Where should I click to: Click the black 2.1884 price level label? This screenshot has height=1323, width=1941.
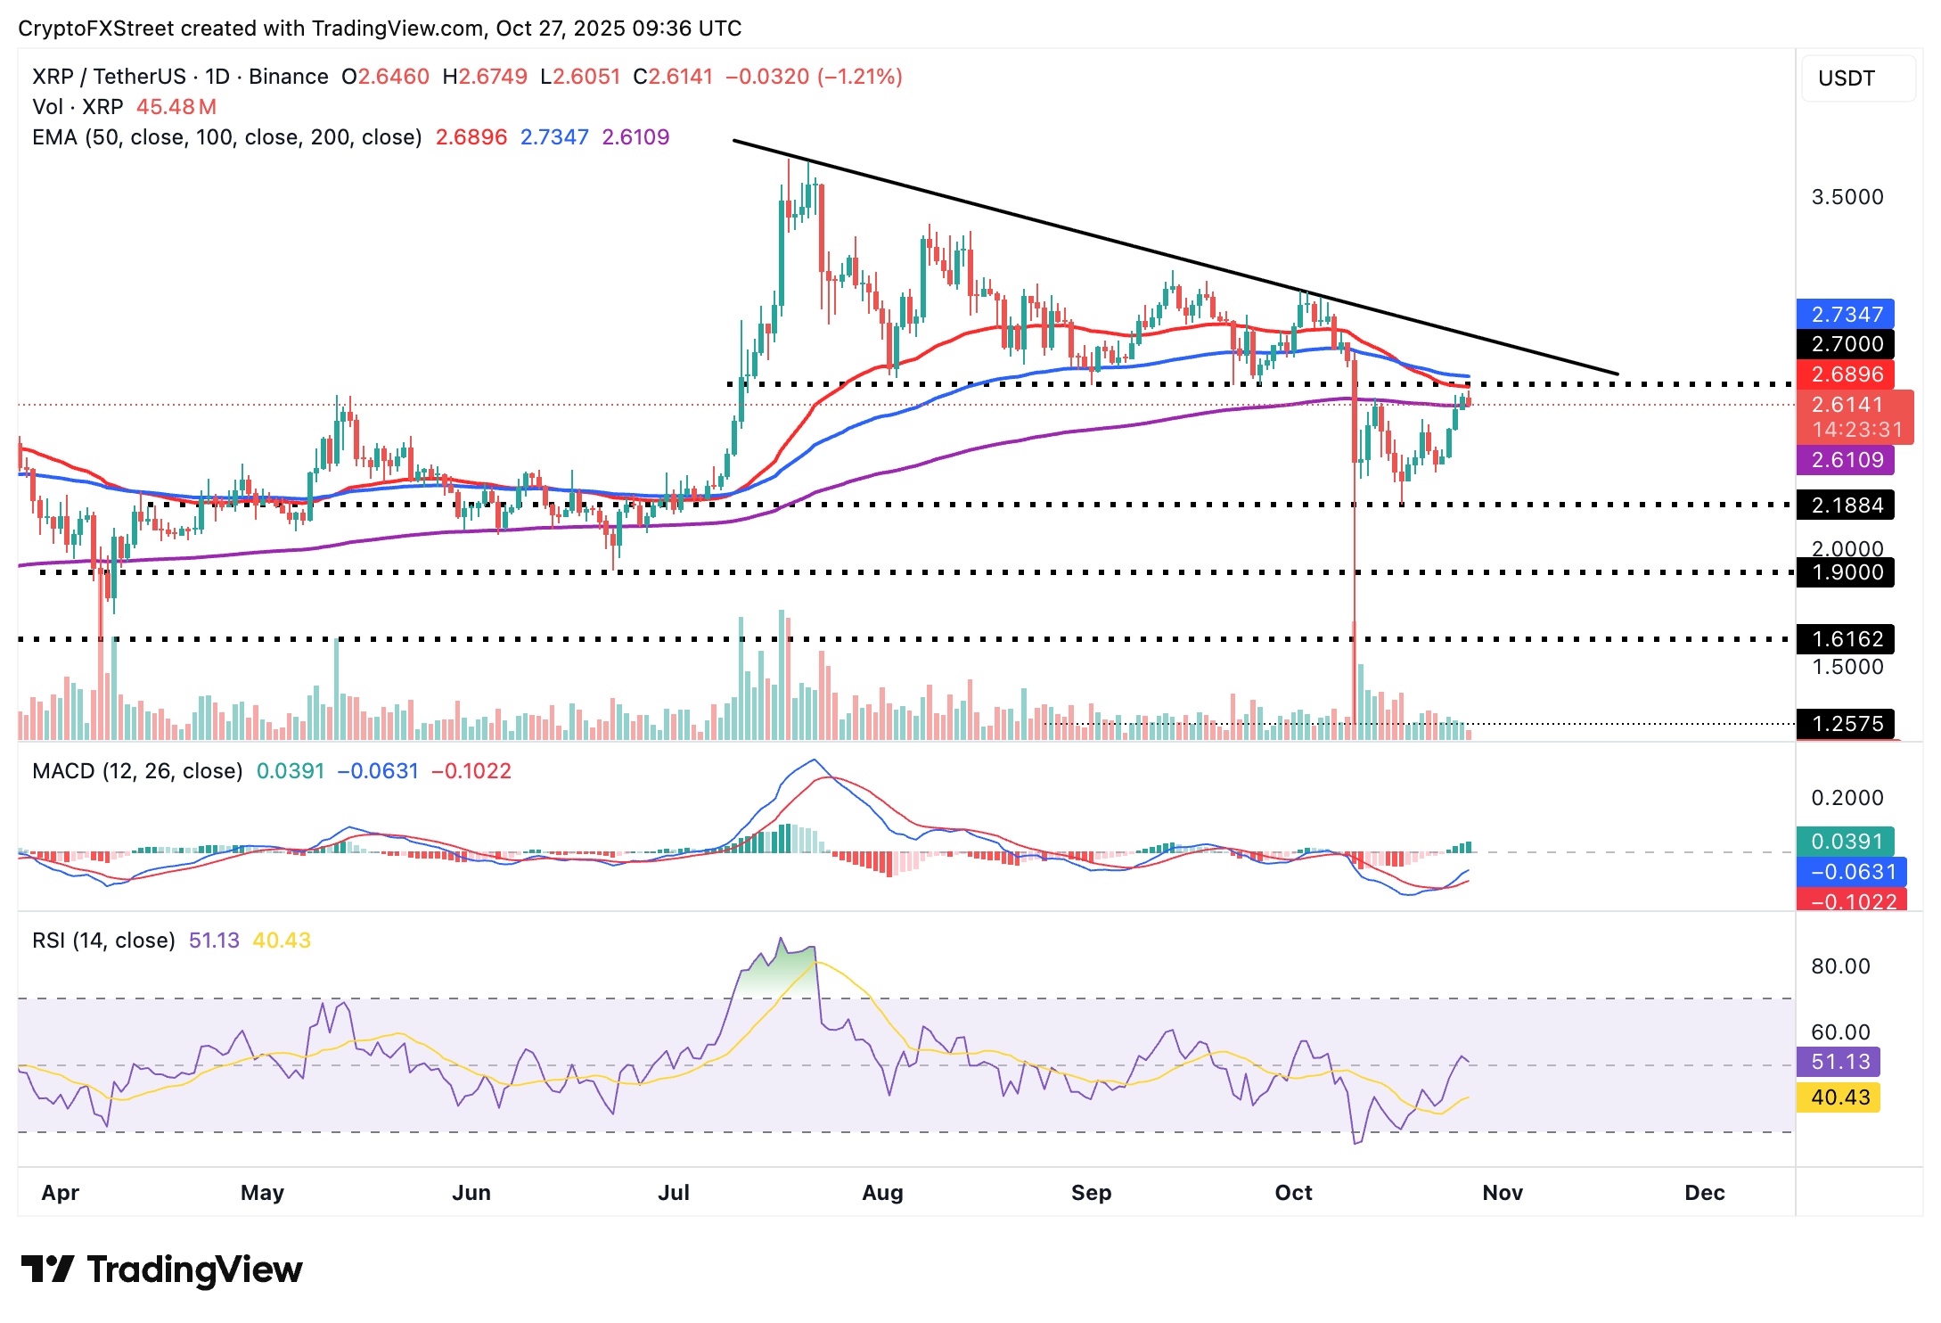(x=1846, y=505)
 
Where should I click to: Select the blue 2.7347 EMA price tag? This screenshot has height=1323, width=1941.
(x=1846, y=315)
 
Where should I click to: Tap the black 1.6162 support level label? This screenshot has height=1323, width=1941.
(x=1846, y=639)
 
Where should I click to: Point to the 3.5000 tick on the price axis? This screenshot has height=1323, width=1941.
(x=1847, y=197)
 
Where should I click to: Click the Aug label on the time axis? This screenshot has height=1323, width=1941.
(x=882, y=1193)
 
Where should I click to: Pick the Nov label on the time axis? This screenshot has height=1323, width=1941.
(x=1503, y=1193)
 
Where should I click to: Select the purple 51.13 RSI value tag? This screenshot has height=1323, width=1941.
(x=1839, y=1062)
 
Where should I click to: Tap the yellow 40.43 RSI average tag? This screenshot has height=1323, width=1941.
(x=1839, y=1097)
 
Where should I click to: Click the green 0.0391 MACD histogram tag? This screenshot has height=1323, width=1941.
(x=1846, y=842)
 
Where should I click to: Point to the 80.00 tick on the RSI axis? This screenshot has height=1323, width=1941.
(x=1840, y=966)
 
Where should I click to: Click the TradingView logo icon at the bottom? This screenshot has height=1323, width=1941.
(x=46, y=1269)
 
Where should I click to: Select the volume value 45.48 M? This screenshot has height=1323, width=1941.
(x=176, y=107)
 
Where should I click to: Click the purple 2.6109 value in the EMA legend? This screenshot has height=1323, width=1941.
(x=635, y=137)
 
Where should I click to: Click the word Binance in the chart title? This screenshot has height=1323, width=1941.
(x=288, y=77)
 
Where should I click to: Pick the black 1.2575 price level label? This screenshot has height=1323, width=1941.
(x=1846, y=724)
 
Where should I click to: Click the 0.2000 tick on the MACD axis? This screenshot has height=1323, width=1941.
(x=1847, y=798)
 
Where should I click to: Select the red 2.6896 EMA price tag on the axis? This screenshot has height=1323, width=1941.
(x=1846, y=374)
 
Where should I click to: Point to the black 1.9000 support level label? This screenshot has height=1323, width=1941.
(x=1846, y=572)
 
